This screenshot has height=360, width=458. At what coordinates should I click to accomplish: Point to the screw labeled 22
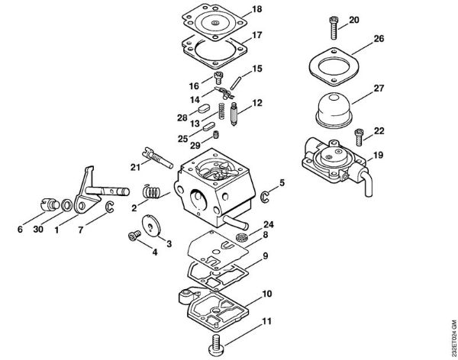pyautogui.click(x=359, y=138)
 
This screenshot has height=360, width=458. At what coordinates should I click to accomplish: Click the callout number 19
pyautogui.click(x=379, y=156)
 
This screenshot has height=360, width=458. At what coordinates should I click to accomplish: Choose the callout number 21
pyautogui.click(x=134, y=167)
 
